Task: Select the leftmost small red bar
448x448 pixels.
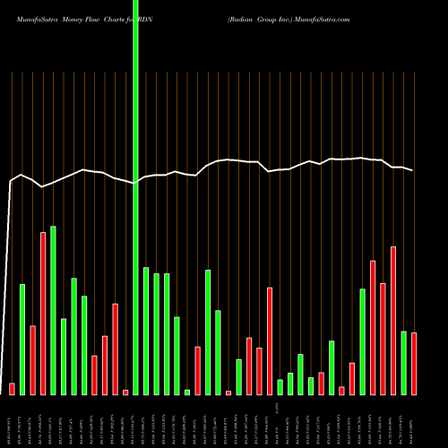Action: pyautogui.click(x=12, y=389)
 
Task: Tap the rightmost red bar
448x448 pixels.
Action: pyautogui.click(x=414, y=363)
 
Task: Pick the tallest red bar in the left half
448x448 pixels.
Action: pyautogui.click(x=43, y=314)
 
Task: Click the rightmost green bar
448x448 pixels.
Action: pyautogui.click(x=403, y=362)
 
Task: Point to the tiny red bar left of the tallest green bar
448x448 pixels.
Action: pyautogui.click(x=125, y=392)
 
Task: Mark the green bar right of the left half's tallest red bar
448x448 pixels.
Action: pyautogui.click(x=53, y=310)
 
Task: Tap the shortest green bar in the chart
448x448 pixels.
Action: pyautogui.click(x=187, y=392)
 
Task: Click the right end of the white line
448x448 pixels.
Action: pyautogui.click(x=413, y=170)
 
